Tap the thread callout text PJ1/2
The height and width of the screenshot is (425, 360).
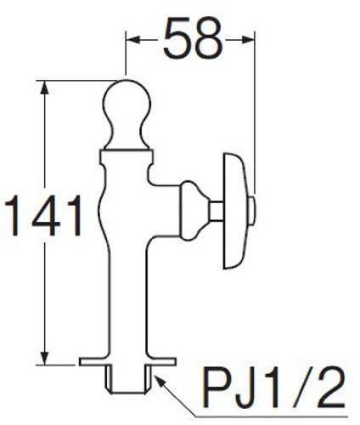(x=273, y=392)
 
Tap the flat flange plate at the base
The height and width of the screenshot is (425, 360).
(x=128, y=362)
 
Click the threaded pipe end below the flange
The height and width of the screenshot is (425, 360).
(x=129, y=381)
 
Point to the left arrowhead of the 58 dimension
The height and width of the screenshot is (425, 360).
(x=132, y=37)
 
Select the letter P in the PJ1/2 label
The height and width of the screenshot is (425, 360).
(x=215, y=392)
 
